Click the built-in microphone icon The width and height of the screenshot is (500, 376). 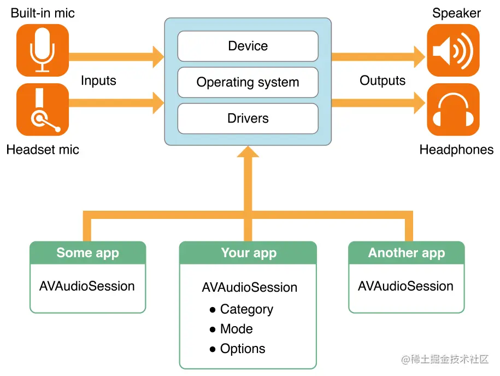point(43,50)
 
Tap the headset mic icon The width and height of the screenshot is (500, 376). point(43,109)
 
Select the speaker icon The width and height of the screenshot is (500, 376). point(453,50)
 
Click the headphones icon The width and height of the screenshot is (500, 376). point(453,109)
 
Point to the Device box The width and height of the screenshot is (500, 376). point(248,46)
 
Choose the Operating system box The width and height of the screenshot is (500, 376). point(248,82)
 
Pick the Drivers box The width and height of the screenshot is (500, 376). point(248,119)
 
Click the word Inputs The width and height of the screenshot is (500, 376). point(98,80)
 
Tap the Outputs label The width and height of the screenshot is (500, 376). point(383,80)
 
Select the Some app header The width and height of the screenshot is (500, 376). point(87,253)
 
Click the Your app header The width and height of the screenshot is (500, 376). point(248,253)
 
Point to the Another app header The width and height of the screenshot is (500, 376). point(406,253)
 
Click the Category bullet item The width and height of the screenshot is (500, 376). point(242,309)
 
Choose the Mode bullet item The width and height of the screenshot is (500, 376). point(231,329)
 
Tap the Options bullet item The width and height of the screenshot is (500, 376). point(238,349)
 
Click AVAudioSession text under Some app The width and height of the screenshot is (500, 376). point(87,286)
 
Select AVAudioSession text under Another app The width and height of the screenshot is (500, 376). point(405,286)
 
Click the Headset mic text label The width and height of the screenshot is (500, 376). point(43,149)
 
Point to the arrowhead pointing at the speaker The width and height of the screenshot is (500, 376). point(420,57)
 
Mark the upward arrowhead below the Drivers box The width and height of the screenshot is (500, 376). point(248,152)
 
